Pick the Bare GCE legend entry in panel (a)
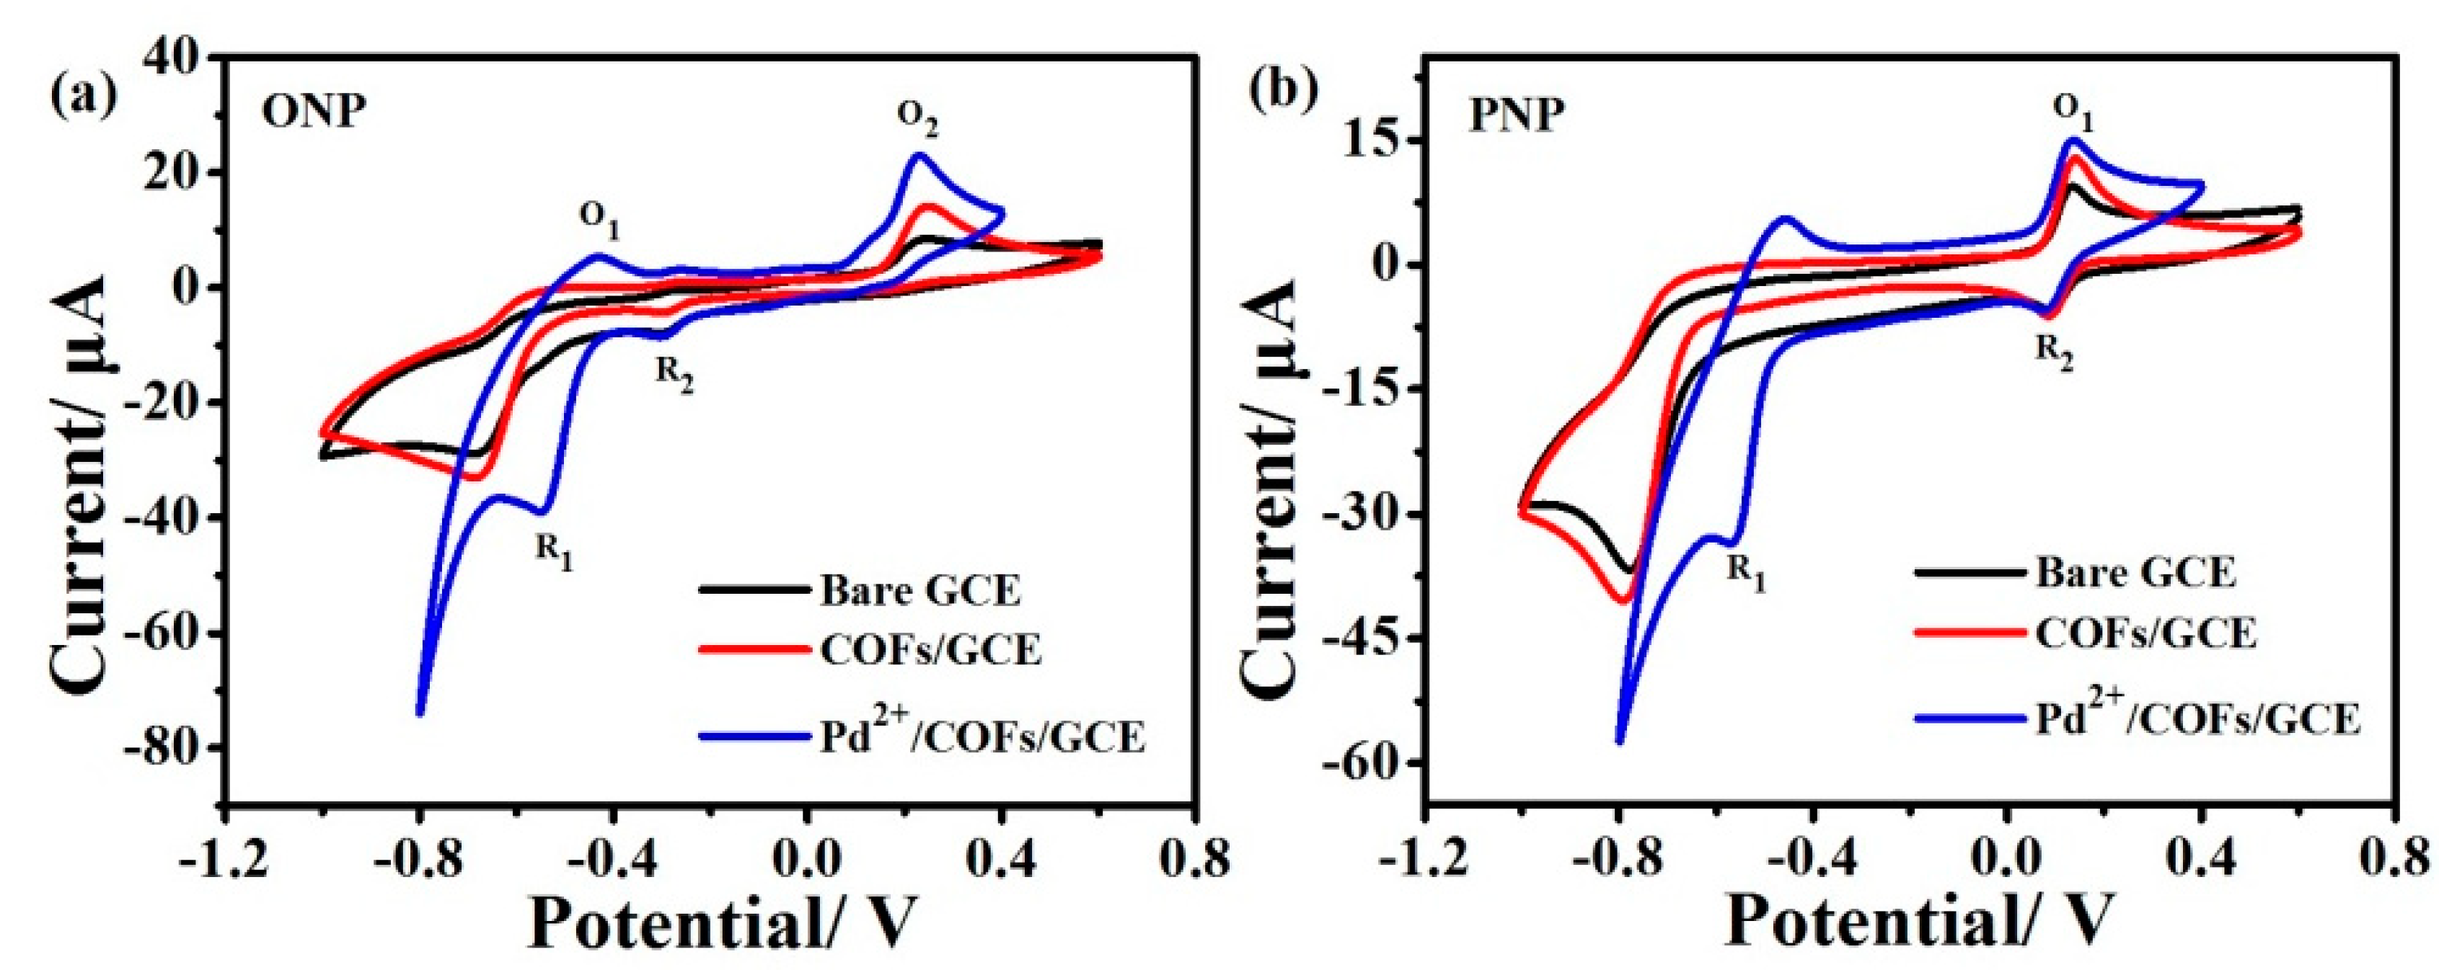(x=920, y=592)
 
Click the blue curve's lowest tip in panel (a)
(x=420, y=712)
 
